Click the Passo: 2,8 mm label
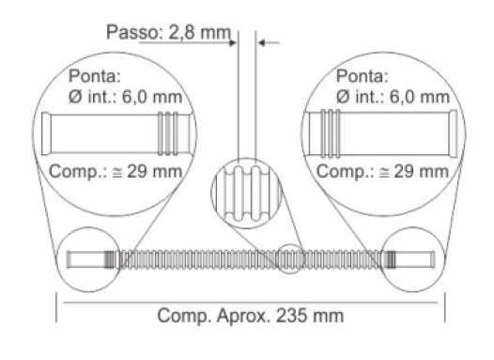pyautogui.click(x=168, y=32)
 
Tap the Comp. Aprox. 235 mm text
pyautogui.click(x=250, y=316)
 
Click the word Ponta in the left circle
pyautogui.click(x=95, y=76)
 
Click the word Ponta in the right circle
pyautogui.click(x=362, y=76)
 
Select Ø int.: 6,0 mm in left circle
pyautogui.click(x=125, y=97)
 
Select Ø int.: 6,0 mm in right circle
pyautogui.click(x=393, y=97)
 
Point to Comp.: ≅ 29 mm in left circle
pyautogui.click(x=116, y=172)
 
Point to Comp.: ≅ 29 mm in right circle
pyautogui.click(x=382, y=172)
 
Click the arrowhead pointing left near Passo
pyautogui.click(x=261, y=42)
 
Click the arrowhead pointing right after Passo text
pyautogui.click(x=233, y=42)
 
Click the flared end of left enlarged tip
pyautogui.click(x=46, y=133)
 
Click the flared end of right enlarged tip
pyautogui.click(x=454, y=133)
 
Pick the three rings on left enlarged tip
pyautogui.click(x=168, y=133)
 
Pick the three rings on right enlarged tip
pyautogui.click(x=330, y=133)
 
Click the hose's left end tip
pyautogui.click(x=69, y=259)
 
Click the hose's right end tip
pyautogui.click(x=433, y=259)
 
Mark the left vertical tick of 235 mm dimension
pyautogui.click(x=56, y=307)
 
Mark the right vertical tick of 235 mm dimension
pyautogui.click(x=445, y=307)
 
